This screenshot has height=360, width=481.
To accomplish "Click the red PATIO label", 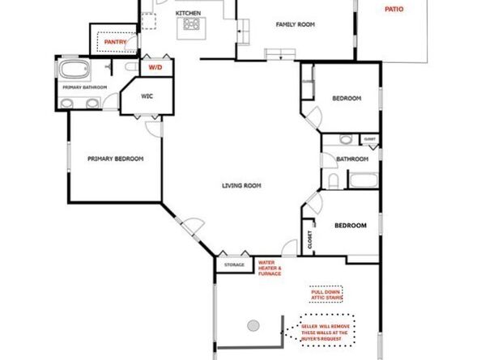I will click(393, 10).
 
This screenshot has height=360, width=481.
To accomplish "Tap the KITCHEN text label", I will click(188, 14).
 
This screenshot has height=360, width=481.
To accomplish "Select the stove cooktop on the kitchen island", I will click(192, 25).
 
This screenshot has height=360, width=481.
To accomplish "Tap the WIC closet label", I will click(147, 95).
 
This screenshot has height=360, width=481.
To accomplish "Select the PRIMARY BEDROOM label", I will click(115, 159).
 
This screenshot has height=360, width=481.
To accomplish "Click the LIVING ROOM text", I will click(241, 185).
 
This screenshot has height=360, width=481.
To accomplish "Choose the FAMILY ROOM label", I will click(295, 24).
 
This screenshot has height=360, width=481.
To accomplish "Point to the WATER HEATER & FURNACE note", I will click(270, 268).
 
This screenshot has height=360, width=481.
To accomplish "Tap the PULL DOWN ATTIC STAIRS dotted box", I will click(326, 293).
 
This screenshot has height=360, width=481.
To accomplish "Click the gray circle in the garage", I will click(253, 325).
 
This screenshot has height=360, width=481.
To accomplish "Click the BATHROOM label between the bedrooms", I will click(353, 159).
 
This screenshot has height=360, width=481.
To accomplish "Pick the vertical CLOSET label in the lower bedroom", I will click(309, 240).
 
